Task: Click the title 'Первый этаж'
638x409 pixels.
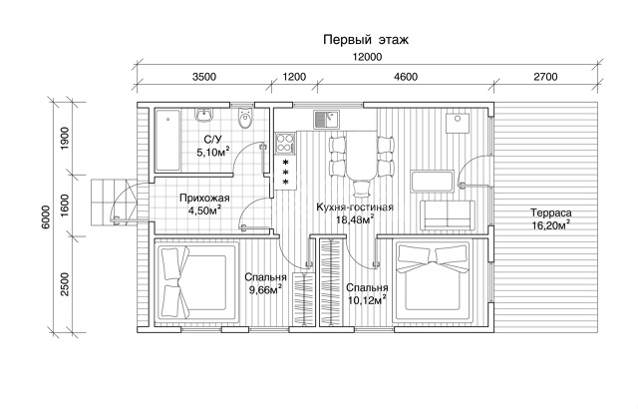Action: pyautogui.click(x=366, y=40)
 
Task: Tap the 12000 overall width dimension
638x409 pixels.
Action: pyautogui.click(x=367, y=57)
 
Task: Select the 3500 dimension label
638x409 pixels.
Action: pyautogui.click(x=203, y=77)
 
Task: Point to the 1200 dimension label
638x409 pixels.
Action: pyautogui.click(x=294, y=77)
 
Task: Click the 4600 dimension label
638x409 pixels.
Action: pyautogui.click(x=406, y=77)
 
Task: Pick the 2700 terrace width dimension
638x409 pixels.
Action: pyautogui.click(x=545, y=77)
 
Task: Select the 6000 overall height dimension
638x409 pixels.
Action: pyautogui.click(x=46, y=216)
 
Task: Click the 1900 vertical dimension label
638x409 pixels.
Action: pyautogui.click(x=65, y=139)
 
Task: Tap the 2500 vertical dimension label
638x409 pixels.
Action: pyautogui.click(x=65, y=284)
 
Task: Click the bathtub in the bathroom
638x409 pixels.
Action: pyautogui.click(x=167, y=140)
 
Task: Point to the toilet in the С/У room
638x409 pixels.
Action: pyautogui.click(x=245, y=119)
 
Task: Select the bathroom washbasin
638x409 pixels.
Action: pyautogui.click(x=203, y=115)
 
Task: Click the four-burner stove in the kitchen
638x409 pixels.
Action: pyautogui.click(x=285, y=144)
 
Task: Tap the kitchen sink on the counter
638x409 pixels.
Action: pyautogui.click(x=326, y=119)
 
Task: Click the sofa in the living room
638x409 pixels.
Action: pyautogui.click(x=448, y=214)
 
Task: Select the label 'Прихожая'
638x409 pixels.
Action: pyautogui.click(x=204, y=199)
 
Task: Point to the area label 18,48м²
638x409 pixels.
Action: pyautogui.click(x=355, y=219)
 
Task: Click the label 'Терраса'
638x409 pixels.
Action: pyautogui.click(x=551, y=212)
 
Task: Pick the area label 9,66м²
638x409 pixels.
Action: pyautogui.click(x=266, y=289)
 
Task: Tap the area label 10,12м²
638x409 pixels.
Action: pyautogui.click(x=367, y=300)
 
